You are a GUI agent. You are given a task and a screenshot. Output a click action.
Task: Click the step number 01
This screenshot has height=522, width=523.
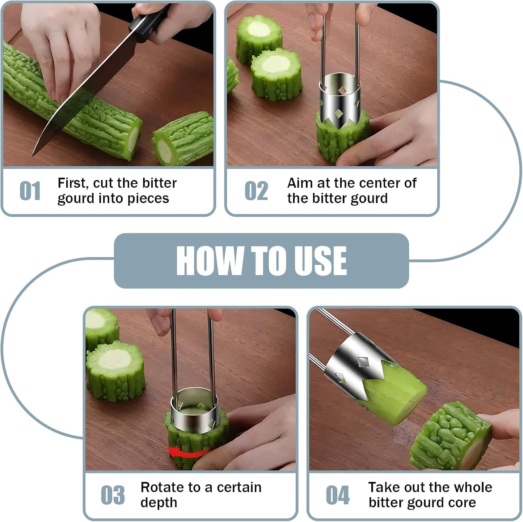(30, 191)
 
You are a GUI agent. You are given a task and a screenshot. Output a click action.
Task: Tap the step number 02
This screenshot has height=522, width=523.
(256, 191)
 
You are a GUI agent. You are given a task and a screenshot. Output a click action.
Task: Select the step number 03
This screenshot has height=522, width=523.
(113, 495)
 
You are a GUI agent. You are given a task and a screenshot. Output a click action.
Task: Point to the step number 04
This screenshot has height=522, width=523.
(338, 495)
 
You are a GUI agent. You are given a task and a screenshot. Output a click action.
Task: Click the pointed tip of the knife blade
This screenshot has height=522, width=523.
(33, 156)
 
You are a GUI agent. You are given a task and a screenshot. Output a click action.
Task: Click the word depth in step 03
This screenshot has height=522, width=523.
(159, 502)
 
